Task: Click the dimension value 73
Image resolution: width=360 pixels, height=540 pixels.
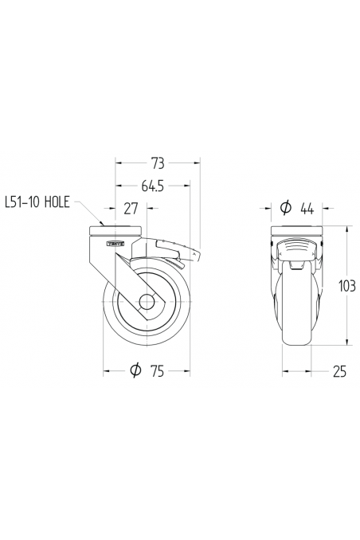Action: click(158, 163)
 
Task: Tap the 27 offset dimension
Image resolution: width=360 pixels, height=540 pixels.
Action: click(131, 209)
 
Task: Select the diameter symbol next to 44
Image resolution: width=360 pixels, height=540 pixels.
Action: click(285, 209)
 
